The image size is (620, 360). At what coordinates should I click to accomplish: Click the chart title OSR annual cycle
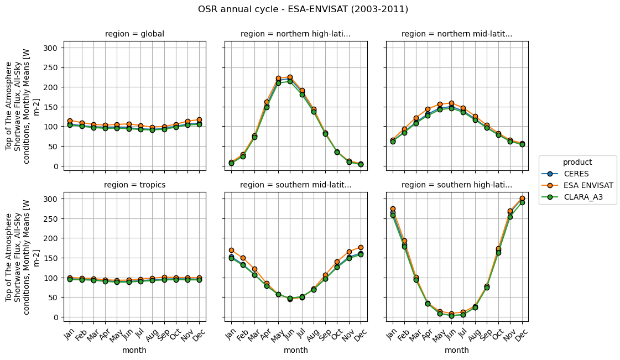tap(303, 9)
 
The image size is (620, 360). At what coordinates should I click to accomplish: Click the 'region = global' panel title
tap(134, 34)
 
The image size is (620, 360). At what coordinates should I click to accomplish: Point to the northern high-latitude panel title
tap(295, 34)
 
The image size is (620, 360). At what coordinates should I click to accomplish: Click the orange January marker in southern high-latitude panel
tap(393, 208)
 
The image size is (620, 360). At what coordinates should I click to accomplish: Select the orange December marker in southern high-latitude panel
tap(522, 198)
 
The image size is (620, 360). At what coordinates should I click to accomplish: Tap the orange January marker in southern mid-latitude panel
tap(231, 251)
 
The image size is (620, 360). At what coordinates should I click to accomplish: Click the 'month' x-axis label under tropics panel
tap(134, 350)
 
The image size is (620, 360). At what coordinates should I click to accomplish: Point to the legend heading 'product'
tap(577, 162)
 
